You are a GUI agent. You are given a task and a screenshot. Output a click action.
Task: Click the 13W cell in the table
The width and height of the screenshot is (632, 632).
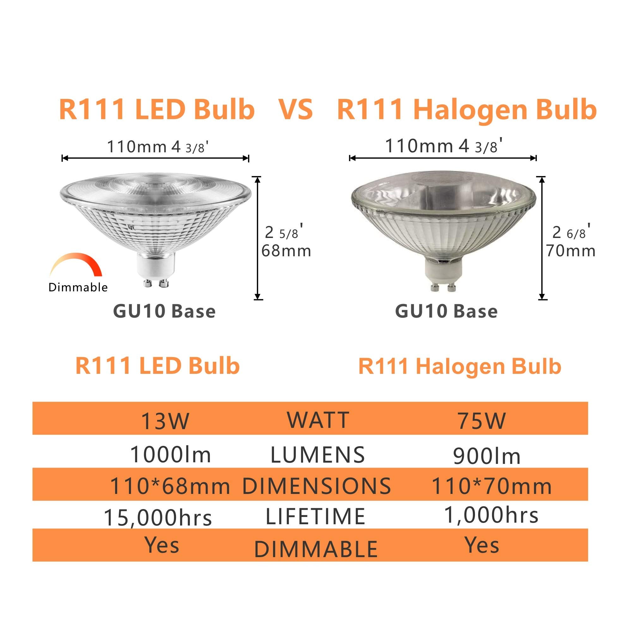(x=165, y=421)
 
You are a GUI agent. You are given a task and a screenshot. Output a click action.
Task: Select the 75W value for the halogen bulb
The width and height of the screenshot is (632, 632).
(x=482, y=421)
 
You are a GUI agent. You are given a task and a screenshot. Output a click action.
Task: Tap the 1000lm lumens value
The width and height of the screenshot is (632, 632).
(x=170, y=455)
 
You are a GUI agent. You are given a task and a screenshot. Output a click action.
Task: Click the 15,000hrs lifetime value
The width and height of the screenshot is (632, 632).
(x=158, y=518)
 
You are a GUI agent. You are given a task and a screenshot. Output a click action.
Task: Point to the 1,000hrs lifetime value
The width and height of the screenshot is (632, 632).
(x=491, y=515)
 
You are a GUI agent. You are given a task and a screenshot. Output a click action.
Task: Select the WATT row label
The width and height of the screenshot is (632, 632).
(x=318, y=420)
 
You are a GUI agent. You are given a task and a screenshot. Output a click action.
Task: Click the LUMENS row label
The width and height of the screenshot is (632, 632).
(x=318, y=455)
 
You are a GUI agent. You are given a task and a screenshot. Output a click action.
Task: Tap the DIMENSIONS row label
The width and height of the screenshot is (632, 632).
(x=316, y=485)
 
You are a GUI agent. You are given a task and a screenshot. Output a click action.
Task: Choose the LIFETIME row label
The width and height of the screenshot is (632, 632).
(x=315, y=517)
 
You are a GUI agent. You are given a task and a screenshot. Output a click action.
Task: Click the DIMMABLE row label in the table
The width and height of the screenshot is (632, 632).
(x=316, y=549)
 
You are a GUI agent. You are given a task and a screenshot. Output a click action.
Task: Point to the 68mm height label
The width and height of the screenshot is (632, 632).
(x=286, y=251)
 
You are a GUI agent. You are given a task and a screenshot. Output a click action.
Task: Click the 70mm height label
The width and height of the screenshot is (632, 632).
(x=571, y=251)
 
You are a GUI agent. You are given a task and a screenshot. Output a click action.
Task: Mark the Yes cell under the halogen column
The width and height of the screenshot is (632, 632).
(x=483, y=545)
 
